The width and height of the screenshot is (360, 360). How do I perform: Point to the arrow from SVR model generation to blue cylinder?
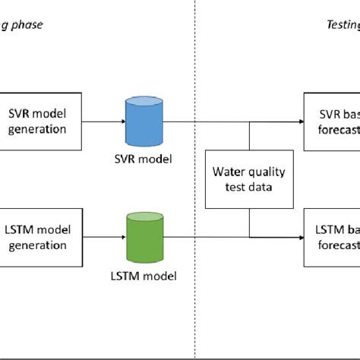click(100, 120)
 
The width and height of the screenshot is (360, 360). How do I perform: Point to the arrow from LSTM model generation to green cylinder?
click(100, 236)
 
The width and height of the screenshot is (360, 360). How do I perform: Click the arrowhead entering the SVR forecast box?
click(299, 121)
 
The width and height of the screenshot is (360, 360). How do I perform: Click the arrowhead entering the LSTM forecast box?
click(299, 236)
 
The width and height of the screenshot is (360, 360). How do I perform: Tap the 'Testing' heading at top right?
click(337, 24)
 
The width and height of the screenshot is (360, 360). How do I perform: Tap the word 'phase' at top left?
click(27, 24)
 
